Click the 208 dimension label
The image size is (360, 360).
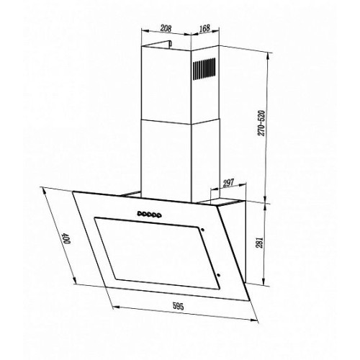click(x=166, y=28)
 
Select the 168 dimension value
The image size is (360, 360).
click(x=204, y=28)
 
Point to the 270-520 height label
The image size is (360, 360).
click(x=261, y=123)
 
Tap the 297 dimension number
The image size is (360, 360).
click(x=228, y=183)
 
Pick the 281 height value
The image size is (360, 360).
click(x=261, y=243)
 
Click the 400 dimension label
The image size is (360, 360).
click(x=66, y=238)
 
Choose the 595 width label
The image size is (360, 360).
click(x=178, y=306)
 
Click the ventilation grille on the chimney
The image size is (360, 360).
click(x=204, y=68)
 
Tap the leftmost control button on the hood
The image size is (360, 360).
click(x=139, y=212)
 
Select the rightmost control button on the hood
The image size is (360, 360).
click(x=158, y=216)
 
